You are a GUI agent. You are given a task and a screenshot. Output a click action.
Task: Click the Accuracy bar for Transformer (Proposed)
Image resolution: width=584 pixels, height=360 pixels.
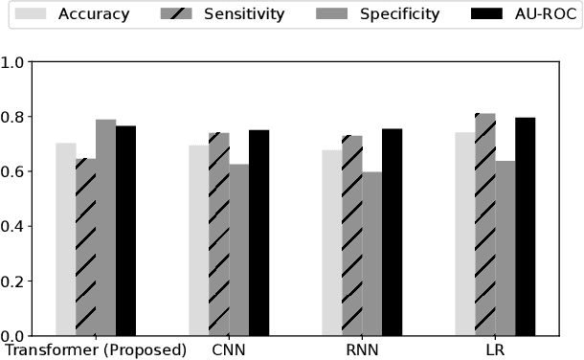point(65,239)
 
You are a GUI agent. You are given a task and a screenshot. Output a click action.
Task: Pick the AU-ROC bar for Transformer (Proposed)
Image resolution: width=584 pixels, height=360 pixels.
point(125,231)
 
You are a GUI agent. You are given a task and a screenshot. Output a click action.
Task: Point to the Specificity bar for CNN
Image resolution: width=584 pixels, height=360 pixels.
point(238,250)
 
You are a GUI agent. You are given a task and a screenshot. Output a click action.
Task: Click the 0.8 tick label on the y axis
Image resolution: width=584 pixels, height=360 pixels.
point(14,117)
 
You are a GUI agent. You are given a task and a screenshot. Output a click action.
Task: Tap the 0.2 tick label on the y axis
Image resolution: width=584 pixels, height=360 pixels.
point(14,281)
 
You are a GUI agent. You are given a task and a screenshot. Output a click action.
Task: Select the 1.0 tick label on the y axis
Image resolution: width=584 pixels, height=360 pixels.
point(14,62)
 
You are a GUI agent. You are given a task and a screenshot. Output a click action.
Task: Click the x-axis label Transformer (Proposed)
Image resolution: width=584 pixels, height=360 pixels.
point(96,349)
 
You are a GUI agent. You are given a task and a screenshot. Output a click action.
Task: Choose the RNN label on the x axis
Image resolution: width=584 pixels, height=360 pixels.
point(362,349)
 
